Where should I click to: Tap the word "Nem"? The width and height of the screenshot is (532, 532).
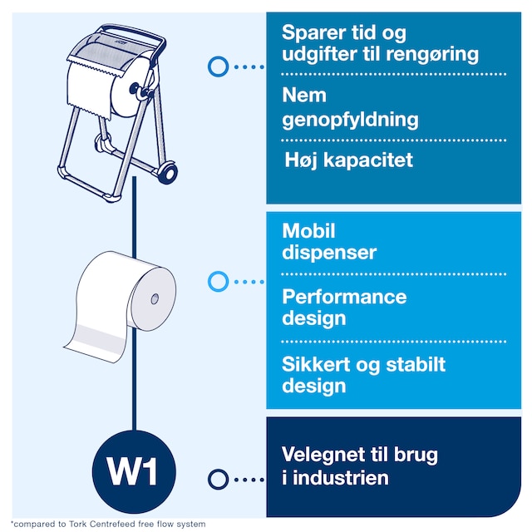tap(304, 95)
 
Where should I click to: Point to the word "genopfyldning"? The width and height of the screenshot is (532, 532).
tap(350, 120)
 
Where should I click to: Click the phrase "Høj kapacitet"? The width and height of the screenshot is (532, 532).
tap(349, 160)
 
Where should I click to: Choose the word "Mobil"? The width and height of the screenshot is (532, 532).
tap(308, 231)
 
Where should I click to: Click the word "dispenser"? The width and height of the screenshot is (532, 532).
tap(329, 253)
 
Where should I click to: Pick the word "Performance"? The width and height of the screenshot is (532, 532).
tap(344, 297)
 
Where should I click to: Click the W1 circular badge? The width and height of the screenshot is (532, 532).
tap(134, 471)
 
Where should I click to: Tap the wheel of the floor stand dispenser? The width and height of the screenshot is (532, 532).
tap(167, 173)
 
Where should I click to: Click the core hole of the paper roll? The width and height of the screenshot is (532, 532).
tap(155, 299)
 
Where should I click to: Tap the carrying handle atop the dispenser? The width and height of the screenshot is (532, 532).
tap(134, 30)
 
